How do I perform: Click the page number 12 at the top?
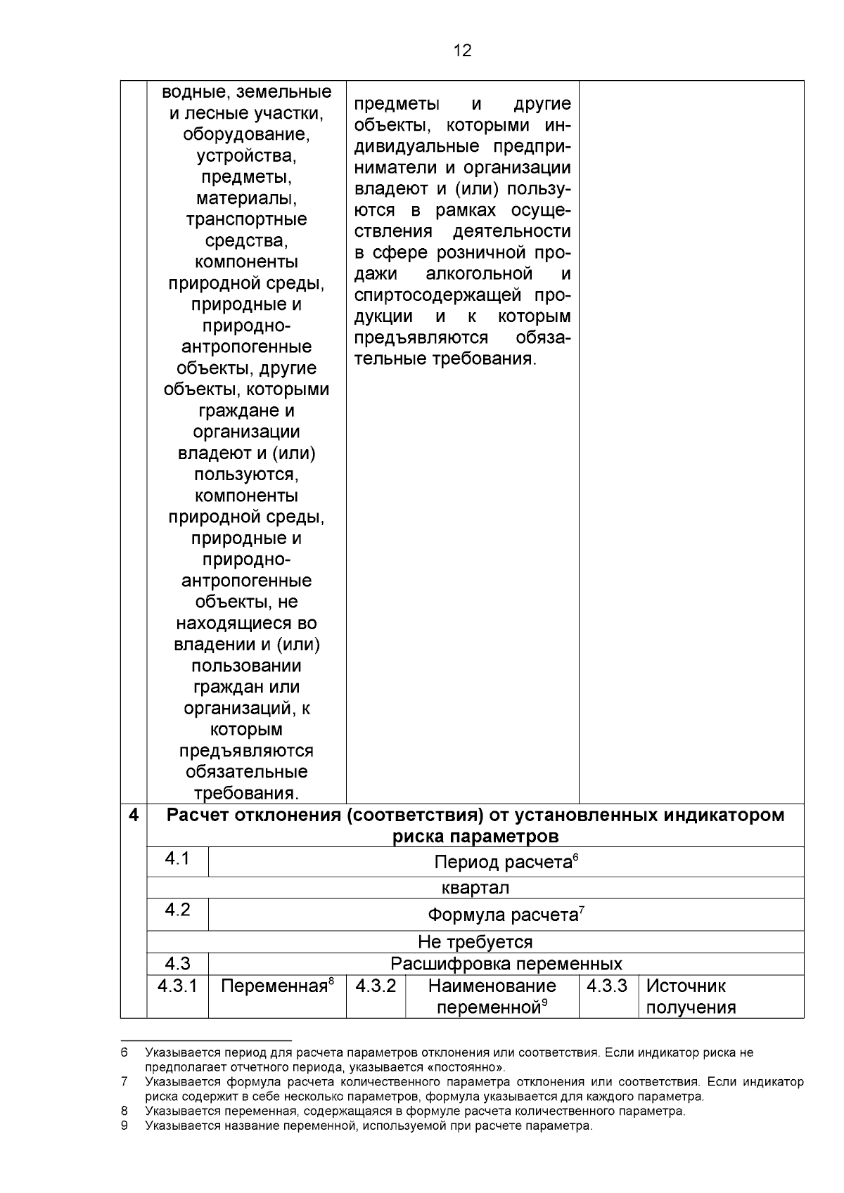[x=462, y=51]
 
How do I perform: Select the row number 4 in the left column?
[x=134, y=815]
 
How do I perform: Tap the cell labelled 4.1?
[x=177, y=859]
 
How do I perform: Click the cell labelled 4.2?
[x=177, y=910]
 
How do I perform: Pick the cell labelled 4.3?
[x=177, y=963]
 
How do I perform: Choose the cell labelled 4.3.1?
[x=177, y=986]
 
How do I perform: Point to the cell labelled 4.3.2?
[x=376, y=986]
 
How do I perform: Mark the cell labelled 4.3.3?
[x=607, y=986]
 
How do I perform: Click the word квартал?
[x=475, y=888]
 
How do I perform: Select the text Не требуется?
[x=475, y=941]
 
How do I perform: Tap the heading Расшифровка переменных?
[x=506, y=963]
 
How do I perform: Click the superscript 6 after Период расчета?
[x=575, y=856]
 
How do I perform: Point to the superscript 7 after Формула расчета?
[x=582, y=910]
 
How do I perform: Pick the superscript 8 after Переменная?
[x=331, y=981]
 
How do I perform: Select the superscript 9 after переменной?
[x=544, y=1002]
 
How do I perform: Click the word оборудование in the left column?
[x=246, y=134]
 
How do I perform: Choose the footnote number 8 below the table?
[x=124, y=1111]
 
